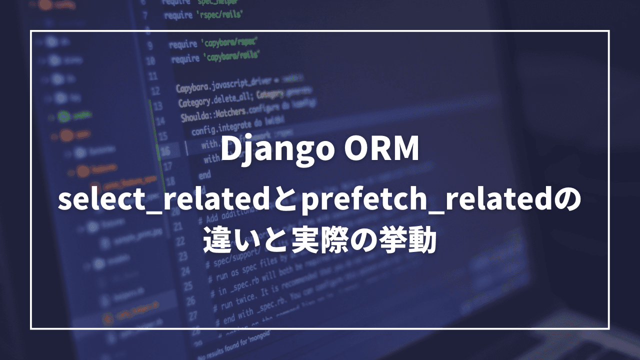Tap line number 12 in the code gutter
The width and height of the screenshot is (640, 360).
[155, 91]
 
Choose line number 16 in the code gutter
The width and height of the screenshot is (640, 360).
[165, 150]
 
